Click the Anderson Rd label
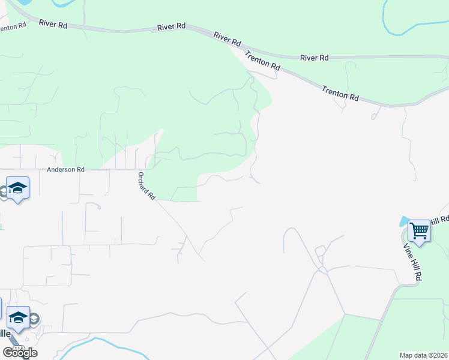coord(65,170)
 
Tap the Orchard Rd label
coord(146,186)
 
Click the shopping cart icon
coord(419,230)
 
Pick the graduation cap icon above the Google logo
coord(18,317)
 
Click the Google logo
coord(20,353)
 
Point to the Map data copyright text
coord(424,355)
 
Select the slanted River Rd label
coord(227,40)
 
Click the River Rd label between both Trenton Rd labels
coord(315,58)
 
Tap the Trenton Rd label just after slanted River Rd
coord(262,62)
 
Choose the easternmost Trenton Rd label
coord(340,93)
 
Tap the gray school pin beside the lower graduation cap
coord(35,319)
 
